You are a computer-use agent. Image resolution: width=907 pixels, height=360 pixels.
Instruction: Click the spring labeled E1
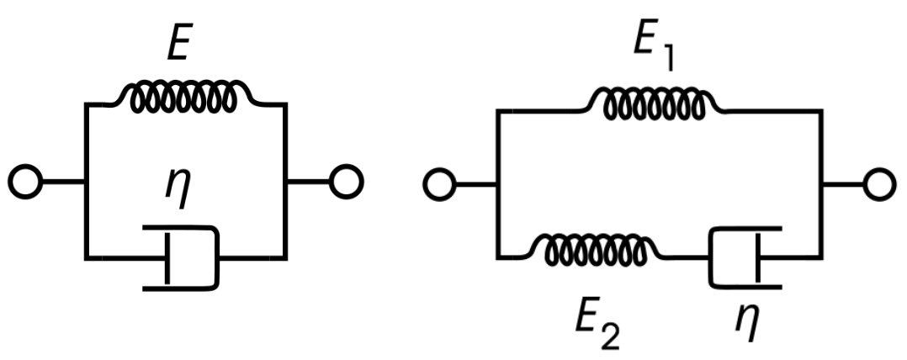(x=655, y=104)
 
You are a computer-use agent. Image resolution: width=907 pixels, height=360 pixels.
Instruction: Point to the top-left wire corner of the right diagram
(x=500, y=112)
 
